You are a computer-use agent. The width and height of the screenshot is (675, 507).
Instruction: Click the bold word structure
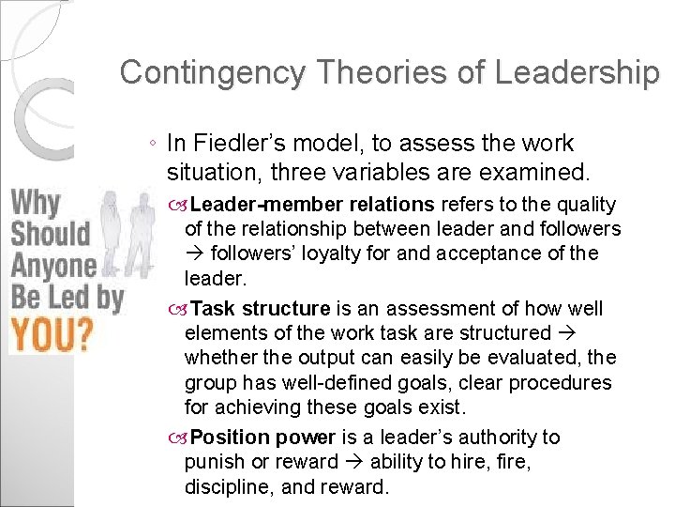click(286, 309)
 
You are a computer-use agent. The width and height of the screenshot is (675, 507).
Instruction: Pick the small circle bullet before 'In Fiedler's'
click(152, 145)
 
